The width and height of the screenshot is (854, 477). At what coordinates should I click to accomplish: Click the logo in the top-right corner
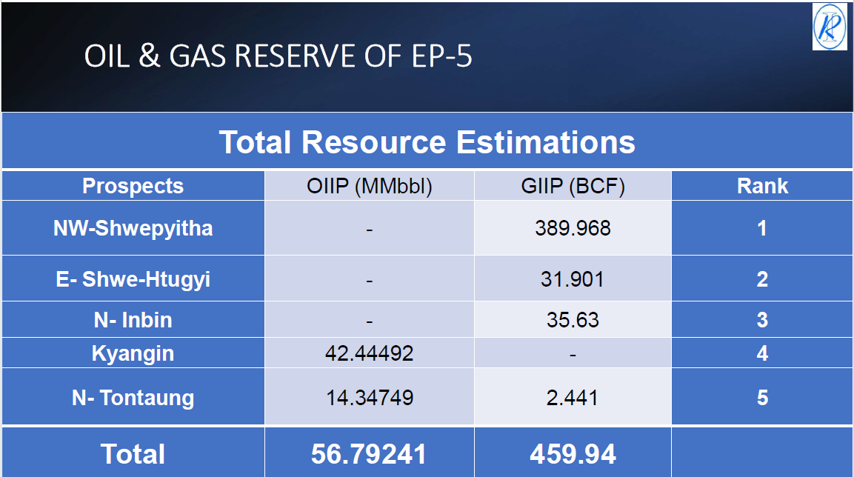click(x=829, y=27)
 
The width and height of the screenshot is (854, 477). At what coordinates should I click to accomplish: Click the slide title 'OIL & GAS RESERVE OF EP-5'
click(x=278, y=57)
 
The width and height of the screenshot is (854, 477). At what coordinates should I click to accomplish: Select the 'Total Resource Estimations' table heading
click(x=427, y=142)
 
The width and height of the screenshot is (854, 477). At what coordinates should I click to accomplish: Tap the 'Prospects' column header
click(x=133, y=186)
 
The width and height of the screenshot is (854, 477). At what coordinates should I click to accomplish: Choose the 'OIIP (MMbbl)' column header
click(x=369, y=187)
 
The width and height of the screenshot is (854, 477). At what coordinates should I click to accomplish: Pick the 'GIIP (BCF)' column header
click(x=573, y=187)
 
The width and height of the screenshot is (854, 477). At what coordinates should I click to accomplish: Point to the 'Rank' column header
click(x=762, y=186)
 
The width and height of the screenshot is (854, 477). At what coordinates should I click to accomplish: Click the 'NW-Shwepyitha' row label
click(x=133, y=228)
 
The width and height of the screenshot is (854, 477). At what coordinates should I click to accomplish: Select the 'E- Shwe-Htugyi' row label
click(x=133, y=279)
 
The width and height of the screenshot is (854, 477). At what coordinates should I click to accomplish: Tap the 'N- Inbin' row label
click(x=133, y=320)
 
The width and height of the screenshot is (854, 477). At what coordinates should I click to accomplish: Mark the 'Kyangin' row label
click(x=133, y=353)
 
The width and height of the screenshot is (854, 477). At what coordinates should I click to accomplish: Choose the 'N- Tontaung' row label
click(x=133, y=398)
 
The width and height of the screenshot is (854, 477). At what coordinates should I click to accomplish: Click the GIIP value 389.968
click(x=573, y=228)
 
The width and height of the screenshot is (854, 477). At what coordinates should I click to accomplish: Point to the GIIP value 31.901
click(x=573, y=279)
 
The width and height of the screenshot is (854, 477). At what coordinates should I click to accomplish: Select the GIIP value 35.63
click(x=573, y=320)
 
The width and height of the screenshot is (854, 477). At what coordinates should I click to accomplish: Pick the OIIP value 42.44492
click(x=369, y=353)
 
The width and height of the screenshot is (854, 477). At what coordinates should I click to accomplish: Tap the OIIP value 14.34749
click(x=369, y=398)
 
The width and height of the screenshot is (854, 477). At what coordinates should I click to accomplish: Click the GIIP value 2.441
click(x=573, y=398)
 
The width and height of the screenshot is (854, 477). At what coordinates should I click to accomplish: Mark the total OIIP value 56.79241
click(x=369, y=454)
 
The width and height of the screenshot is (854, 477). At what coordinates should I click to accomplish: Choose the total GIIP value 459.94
click(x=573, y=454)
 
